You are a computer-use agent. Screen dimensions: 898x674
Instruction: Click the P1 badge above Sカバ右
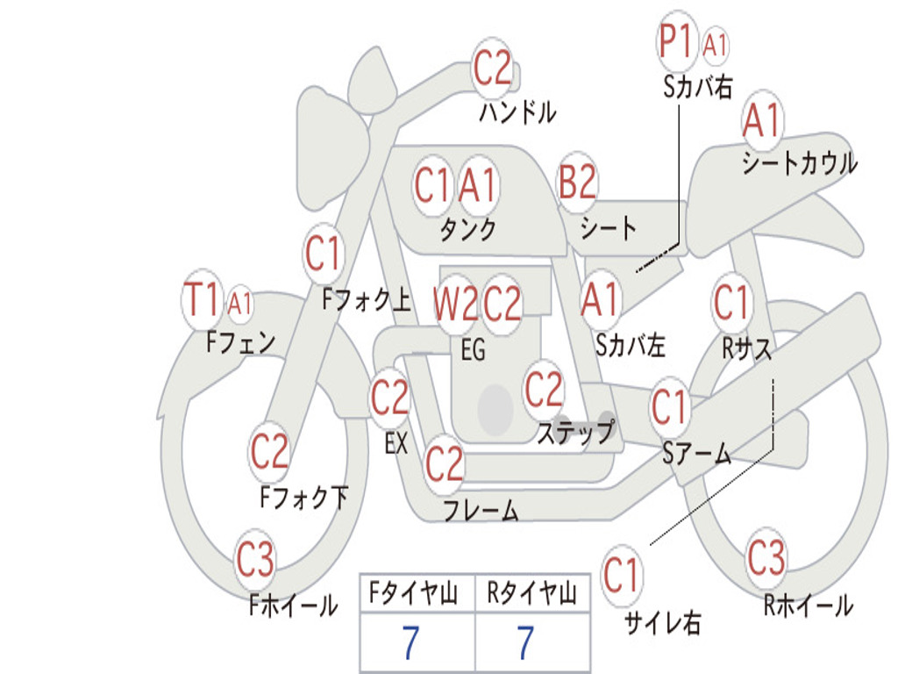coord(677,41)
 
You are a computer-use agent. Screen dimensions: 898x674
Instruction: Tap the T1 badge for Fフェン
coord(203,300)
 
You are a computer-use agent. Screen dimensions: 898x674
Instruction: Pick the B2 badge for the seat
coord(578,183)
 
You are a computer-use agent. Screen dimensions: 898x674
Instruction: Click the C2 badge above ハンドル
coord(492,68)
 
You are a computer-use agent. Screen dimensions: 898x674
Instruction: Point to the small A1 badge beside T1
coord(239,304)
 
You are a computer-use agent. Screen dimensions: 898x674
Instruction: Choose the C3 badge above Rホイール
coord(766,557)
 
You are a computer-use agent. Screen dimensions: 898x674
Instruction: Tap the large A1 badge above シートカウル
coord(761,121)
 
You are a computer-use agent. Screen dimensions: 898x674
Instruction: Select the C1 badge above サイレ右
coord(621,576)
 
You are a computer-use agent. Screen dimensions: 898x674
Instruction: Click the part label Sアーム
coord(697,453)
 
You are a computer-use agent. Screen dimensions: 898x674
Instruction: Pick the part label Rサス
coord(747,348)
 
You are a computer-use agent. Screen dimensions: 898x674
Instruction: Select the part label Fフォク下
coord(303,498)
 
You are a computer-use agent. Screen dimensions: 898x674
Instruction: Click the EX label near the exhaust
coord(396,443)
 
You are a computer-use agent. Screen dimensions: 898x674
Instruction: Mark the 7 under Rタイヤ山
coord(524,643)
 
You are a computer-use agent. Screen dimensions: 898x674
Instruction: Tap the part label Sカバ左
coord(630,345)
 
